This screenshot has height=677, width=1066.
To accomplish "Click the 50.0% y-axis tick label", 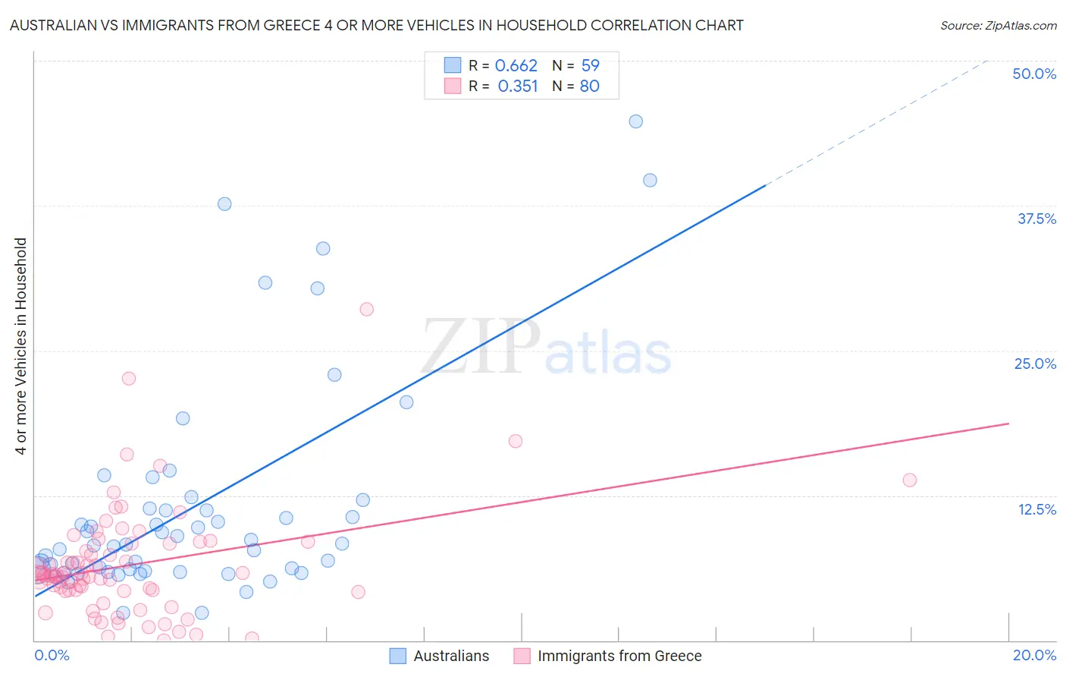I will pyautogui.click(x=1034, y=74).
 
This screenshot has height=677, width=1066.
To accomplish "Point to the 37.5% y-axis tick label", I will pyautogui.click(x=1036, y=219).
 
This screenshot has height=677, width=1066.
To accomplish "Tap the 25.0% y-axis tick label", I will pyautogui.click(x=1035, y=364).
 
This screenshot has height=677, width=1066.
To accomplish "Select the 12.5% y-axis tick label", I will pyautogui.click(x=1036, y=509).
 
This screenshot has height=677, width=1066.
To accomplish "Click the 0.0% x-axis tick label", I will pyautogui.click(x=52, y=655).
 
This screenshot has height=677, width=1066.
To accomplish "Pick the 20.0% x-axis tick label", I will pyautogui.click(x=1034, y=655).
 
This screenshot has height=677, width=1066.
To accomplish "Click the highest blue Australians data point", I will pyautogui.click(x=636, y=121).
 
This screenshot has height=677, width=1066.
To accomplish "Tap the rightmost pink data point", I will pyautogui.click(x=910, y=480).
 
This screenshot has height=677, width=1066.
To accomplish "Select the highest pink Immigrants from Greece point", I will pyautogui.click(x=366, y=309).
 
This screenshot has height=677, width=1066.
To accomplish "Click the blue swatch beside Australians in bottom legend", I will pyautogui.click(x=398, y=656).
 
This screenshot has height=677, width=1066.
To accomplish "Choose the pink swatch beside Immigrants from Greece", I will pyautogui.click(x=522, y=656).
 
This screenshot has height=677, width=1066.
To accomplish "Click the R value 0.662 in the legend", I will pyautogui.click(x=516, y=65).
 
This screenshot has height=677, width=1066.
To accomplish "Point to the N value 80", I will pyautogui.click(x=589, y=86).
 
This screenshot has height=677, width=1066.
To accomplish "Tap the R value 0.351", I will pyautogui.click(x=518, y=86).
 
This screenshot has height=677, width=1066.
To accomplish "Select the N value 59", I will pyautogui.click(x=590, y=65).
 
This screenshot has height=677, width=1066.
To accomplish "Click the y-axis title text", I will pyautogui.click(x=20, y=346).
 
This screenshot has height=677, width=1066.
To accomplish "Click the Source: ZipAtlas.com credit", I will pyautogui.click(x=998, y=25).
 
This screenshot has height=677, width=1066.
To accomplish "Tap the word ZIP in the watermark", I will pyautogui.click(x=481, y=348).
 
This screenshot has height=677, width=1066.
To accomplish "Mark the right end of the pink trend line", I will pyautogui.click(x=1009, y=423).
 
